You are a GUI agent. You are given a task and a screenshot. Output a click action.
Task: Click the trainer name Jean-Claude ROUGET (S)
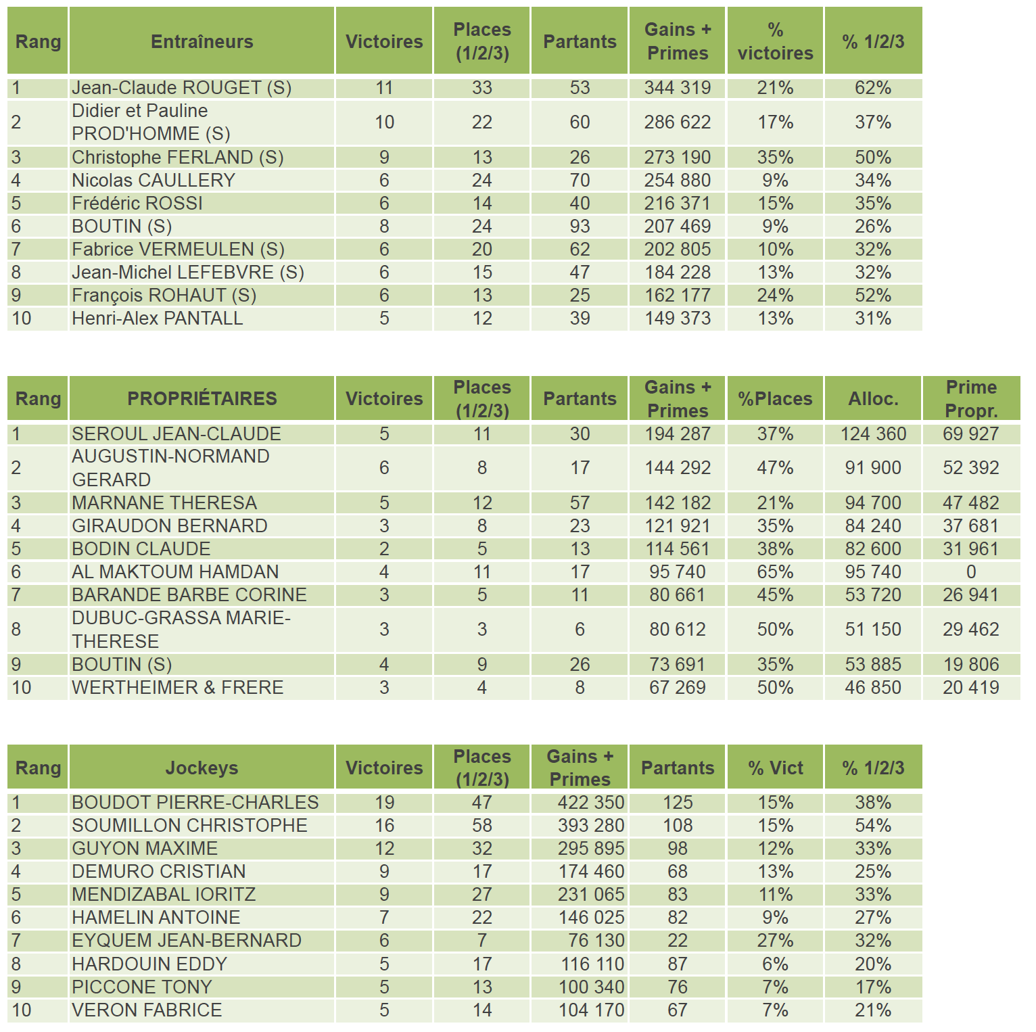pyautogui.click(x=181, y=88)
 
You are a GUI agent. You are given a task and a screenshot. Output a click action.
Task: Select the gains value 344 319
pyautogui.click(x=677, y=88)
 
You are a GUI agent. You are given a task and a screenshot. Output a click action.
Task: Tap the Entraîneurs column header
pyautogui.click(x=202, y=41)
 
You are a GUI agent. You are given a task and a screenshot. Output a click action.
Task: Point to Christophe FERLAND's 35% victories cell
pyautogui.click(x=775, y=158)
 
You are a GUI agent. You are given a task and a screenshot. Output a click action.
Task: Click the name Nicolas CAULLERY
pyautogui.click(x=154, y=181)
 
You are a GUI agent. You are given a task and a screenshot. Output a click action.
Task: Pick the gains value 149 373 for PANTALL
pyautogui.click(x=677, y=319)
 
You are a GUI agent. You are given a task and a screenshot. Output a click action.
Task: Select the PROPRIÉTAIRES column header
pyautogui.click(x=202, y=398)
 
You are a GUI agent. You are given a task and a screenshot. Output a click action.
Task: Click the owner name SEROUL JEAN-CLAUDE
pyautogui.click(x=176, y=434)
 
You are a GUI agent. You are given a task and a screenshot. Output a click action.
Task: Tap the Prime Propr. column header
pyautogui.click(x=971, y=398)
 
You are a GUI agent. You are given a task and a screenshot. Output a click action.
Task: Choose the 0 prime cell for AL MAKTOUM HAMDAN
pyautogui.click(x=971, y=572)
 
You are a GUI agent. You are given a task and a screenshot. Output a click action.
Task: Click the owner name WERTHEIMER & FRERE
pyautogui.click(x=177, y=688)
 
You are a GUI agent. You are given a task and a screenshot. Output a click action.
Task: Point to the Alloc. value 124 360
pyautogui.click(x=873, y=434)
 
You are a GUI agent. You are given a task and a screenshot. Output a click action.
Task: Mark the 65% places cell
pyautogui.click(x=775, y=572)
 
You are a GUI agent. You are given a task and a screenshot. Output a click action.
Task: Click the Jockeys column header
pyautogui.click(x=202, y=768)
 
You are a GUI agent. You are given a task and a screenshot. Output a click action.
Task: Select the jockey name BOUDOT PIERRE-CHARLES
pyautogui.click(x=195, y=803)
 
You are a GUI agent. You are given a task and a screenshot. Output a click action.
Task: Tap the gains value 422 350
pyautogui.click(x=591, y=803)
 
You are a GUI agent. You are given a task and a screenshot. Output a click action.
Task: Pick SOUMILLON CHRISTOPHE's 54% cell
pyautogui.click(x=873, y=826)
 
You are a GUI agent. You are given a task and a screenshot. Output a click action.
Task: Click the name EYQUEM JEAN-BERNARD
pyautogui.click(x=186, y=941)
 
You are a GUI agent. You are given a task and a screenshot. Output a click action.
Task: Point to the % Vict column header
pyautogui.click(x=775, y=768)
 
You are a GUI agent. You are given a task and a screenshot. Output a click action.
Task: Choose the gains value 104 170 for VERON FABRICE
pyautogui.click(x=591, y=1010)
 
